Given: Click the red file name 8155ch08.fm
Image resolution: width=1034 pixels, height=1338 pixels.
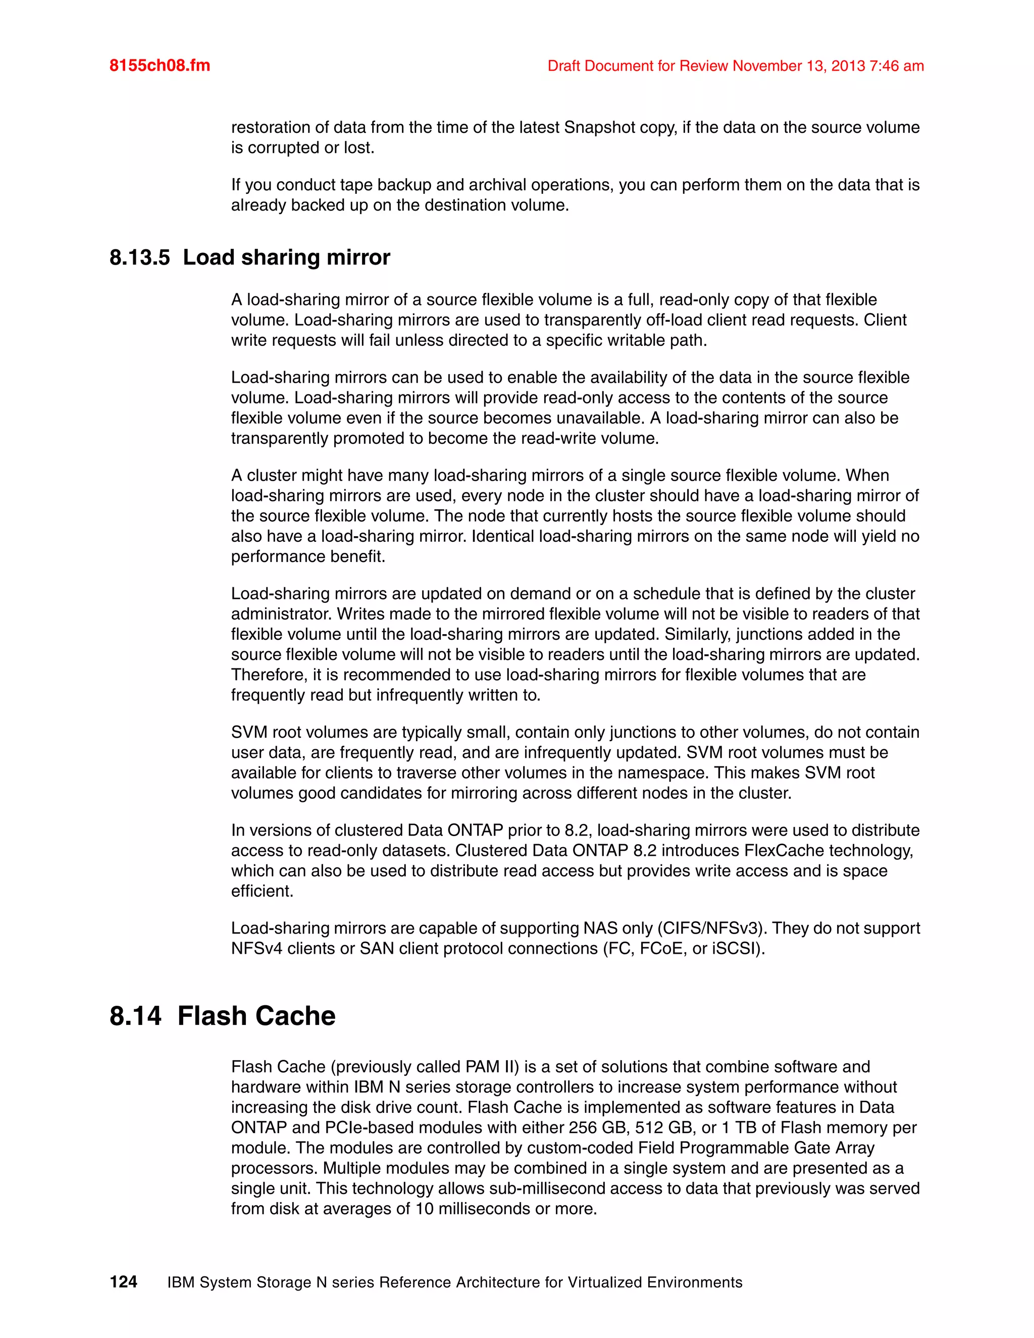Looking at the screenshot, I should [159, 66].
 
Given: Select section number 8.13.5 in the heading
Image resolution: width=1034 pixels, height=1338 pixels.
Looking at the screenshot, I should [140, 258].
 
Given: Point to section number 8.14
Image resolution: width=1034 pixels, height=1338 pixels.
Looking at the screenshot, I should [135, 1016].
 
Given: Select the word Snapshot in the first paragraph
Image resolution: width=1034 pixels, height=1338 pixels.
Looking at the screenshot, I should [598, 127].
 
